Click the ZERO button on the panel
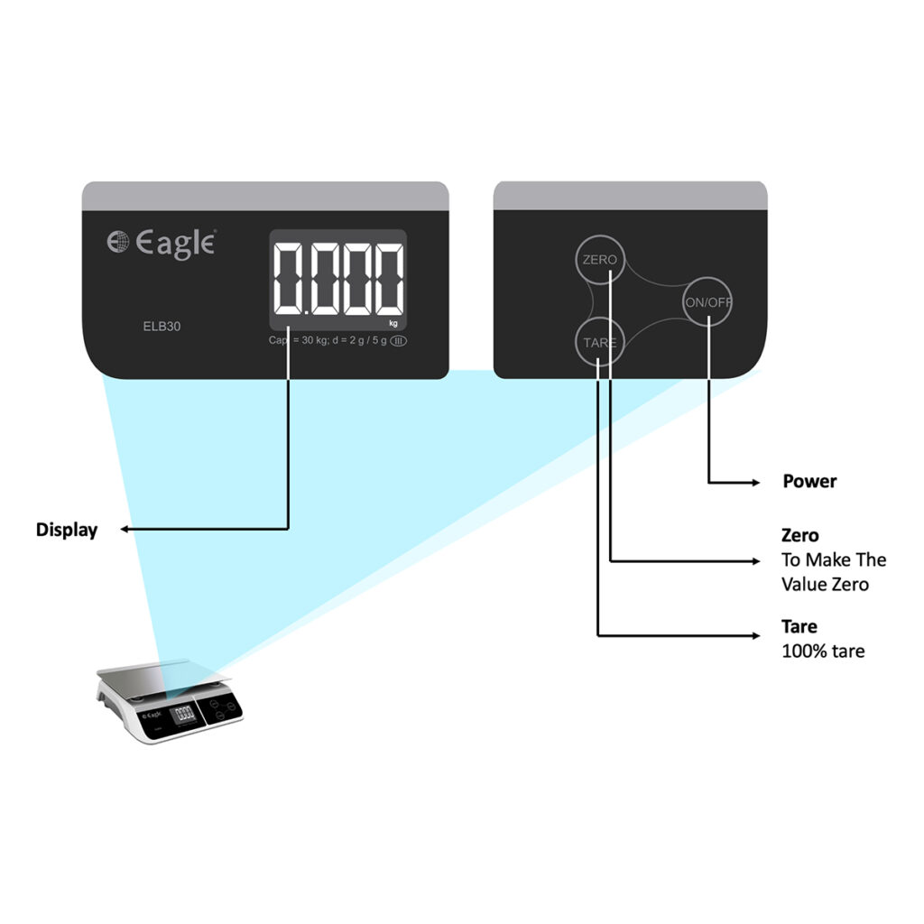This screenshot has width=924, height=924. [600, 260]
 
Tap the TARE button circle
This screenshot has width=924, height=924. [600, 343]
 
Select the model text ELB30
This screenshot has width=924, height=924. [161, 327]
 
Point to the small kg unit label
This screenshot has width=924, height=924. [393, 322]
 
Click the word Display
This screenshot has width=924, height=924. [67, 530]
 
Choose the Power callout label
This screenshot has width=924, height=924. [809, 481]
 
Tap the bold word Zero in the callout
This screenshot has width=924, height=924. [800, 535]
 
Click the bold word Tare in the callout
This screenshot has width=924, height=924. [799, 626]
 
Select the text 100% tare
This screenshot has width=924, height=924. [823, 651]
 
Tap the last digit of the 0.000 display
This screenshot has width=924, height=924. [388, 279]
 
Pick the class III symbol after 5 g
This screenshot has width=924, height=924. [398, 340]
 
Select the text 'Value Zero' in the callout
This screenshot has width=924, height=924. [825, 585]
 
